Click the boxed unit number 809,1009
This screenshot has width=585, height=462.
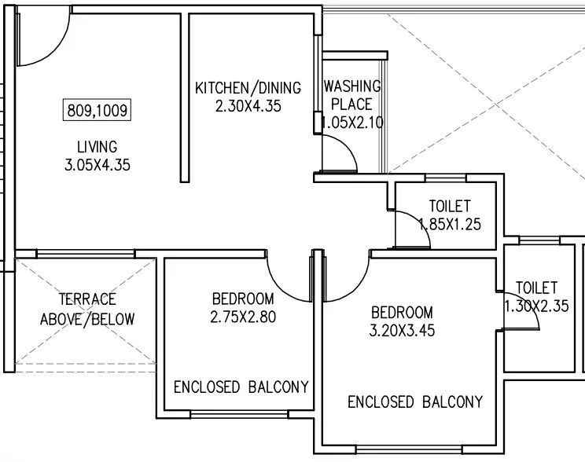coord(96,109)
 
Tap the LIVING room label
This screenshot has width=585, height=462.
coord(97,147)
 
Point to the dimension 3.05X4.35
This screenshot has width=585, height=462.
coord(97,165)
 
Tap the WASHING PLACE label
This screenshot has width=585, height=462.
coord(352,94)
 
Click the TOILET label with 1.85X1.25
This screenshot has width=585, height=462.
coord(450,206)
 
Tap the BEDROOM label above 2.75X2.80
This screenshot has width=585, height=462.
coord(243,299)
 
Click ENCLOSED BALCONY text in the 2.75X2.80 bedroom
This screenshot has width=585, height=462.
coord(241,387)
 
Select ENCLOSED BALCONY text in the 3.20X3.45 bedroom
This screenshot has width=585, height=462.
coord(415,402)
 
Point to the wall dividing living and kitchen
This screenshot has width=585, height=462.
coord(186,98)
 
